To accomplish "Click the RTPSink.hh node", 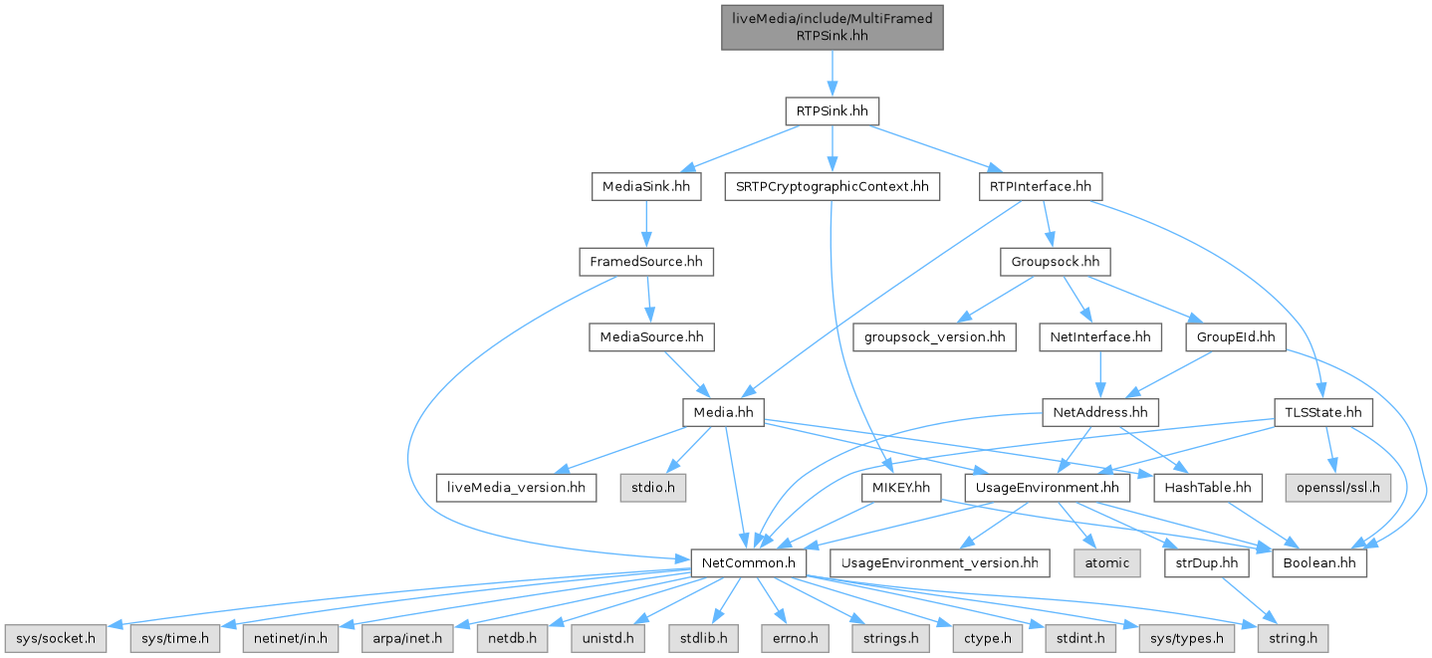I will click(x=832, y=110).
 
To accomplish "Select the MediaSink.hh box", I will click(x=646, y=186).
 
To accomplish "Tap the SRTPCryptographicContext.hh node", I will click(x=833, y=186).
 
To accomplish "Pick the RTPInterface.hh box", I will click(x=1042, y=186).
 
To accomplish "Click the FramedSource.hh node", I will click(x=646, y=262).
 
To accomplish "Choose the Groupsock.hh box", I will click(x=1055, y=262).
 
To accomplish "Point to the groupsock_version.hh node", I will click(x=934, y=337).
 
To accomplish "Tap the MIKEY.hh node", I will click(x=901, y=488).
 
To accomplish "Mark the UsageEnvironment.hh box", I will click(x=1047, y=488).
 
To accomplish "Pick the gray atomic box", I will click(x=1106, y=563).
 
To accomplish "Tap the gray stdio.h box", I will click(x=656, y=488).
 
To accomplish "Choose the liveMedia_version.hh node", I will click(x=517, y=488).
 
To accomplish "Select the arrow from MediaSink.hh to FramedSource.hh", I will click(x=646, y=224).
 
